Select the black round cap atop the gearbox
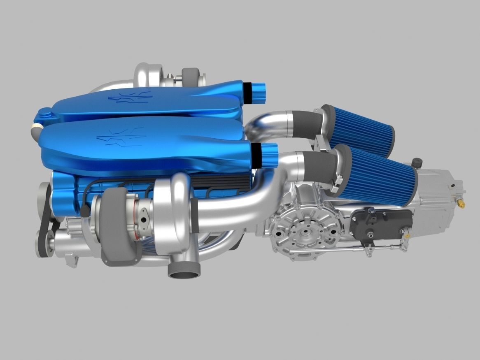[x=419, y=161]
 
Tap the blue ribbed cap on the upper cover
[x=259, y=93]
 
